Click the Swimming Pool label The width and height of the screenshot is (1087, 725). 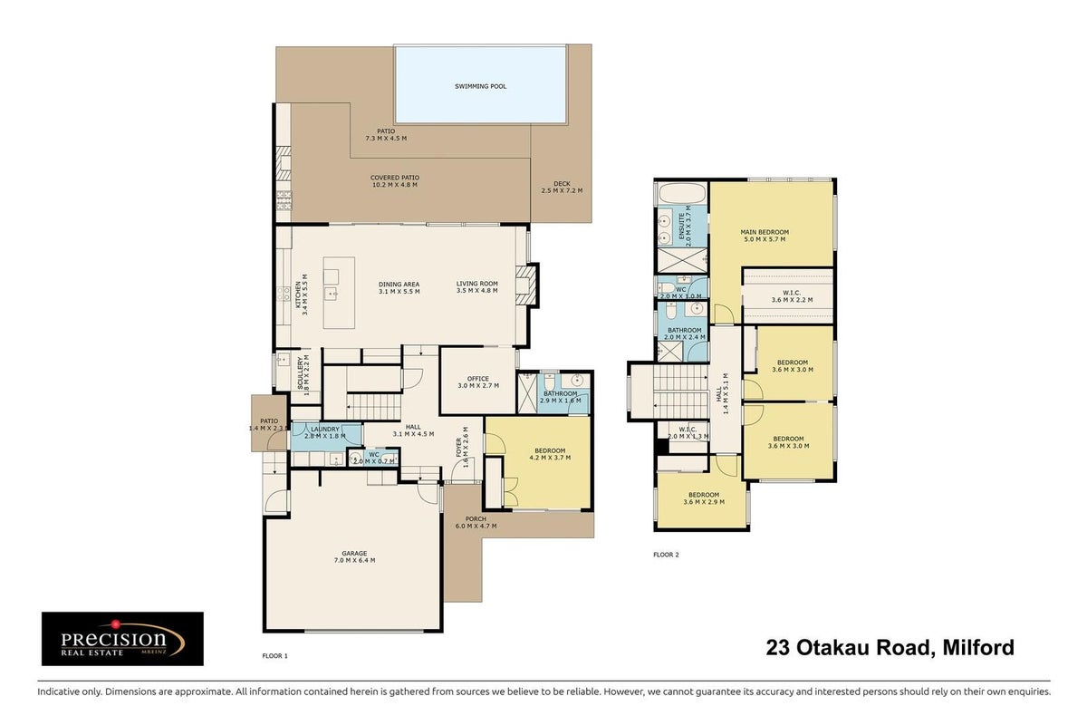pos(480,86)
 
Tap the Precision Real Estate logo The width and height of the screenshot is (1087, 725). pos(122,638)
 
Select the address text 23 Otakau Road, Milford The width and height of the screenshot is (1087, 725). pos(890,647)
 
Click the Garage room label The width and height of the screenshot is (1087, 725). pos(354,553)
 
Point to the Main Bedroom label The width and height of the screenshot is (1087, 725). pos(765,232)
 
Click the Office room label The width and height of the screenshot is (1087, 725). pos(478,379)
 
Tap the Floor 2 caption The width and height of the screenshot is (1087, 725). pos(666,555)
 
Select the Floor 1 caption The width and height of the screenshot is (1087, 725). pos(274,655)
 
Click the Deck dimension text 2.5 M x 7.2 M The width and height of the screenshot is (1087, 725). pos(562,191)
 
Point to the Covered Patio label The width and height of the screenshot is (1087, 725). pos(395,178)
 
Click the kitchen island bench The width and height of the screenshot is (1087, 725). pos(339,293)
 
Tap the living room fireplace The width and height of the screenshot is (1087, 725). pos(526,285)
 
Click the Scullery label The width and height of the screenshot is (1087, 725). pos(300,373)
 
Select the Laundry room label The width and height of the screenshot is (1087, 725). pos(325,430)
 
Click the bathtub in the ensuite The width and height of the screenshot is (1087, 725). pos(683,194)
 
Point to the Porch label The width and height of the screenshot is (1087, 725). pos(476,518)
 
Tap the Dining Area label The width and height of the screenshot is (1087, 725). pos(399,285)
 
